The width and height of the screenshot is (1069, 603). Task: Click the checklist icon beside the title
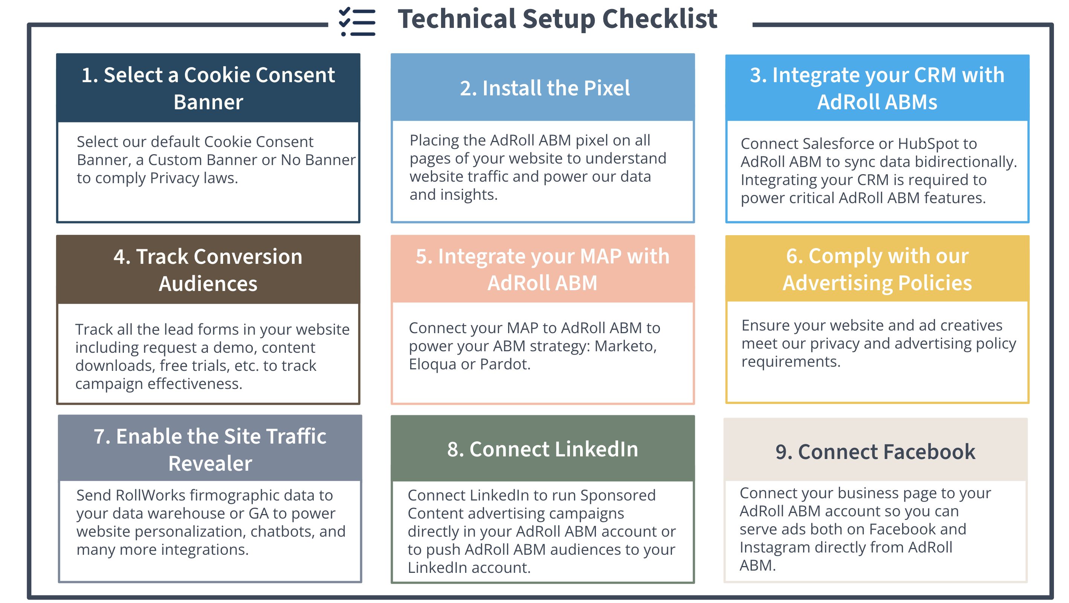pyautogui.click(x=357, y=21)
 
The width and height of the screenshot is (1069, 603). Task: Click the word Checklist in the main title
pyautogui.click(x=660, y=19)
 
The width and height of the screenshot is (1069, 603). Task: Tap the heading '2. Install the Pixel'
pyautogui.click(x=544, y=89)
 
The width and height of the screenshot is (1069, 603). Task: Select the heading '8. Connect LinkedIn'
pyautogui.click(x=542, y=449)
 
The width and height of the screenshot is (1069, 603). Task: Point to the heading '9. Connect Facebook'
pyautogui.click(x=875, y=452)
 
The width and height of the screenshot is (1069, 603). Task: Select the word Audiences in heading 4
pyautogui.click(x=208, y=284)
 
